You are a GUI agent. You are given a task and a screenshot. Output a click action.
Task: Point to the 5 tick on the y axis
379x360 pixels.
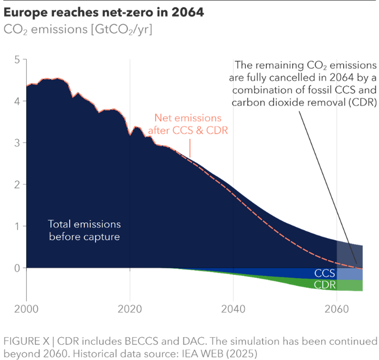coord(17,60)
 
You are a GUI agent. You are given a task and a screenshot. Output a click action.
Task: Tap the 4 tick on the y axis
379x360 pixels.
coord(17,102)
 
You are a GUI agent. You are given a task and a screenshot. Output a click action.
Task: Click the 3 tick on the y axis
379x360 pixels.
coord(17,143)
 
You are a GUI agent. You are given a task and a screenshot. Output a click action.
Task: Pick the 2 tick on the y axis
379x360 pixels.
coord(17,185)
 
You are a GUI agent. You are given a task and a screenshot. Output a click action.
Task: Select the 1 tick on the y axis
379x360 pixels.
coord(17,226)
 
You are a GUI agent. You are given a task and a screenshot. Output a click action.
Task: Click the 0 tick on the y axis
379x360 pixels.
coord(17,267)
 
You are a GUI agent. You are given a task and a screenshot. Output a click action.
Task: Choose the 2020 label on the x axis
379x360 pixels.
coord(130,309)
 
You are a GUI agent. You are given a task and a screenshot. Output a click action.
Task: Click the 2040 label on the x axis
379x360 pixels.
coord(233,309)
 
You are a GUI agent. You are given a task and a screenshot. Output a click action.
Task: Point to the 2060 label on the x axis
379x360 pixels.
coord(337,309)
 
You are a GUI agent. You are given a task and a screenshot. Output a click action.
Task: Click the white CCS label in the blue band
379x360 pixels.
coord(325,274)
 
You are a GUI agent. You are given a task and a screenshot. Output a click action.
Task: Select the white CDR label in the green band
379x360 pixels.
coord(325,285)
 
